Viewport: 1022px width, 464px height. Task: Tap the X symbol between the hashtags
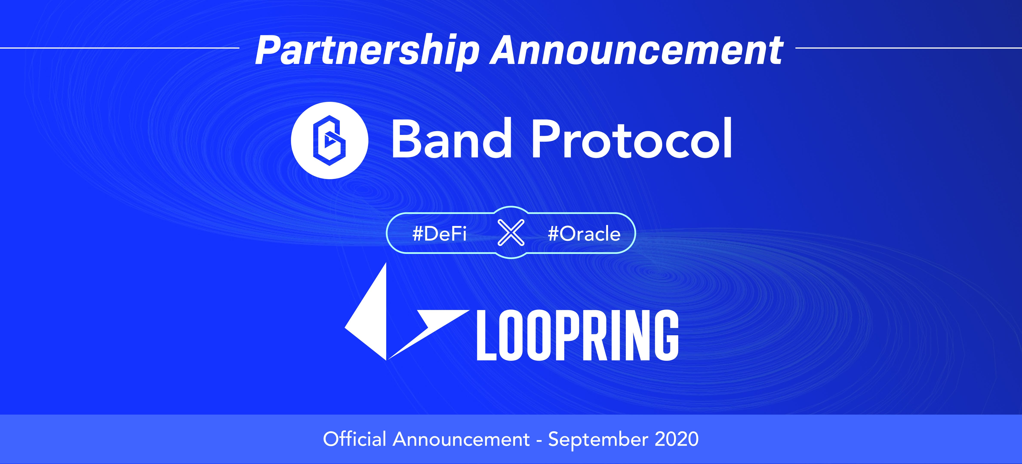pos(511,233)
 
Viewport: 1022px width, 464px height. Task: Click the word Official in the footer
pos(354,439)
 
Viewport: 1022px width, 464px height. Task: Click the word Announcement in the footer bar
pos(461,439)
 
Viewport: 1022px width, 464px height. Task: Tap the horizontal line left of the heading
pos(119,48)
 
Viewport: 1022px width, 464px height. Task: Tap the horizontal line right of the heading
pos(908,48)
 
